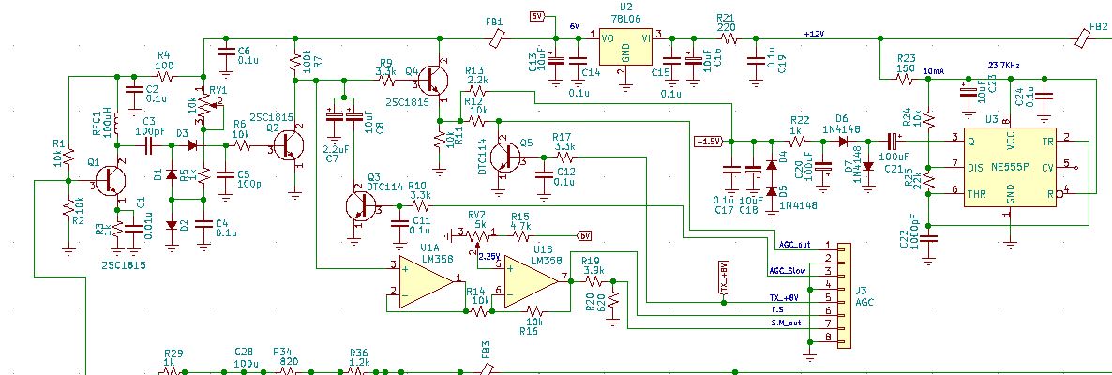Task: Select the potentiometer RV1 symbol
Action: click(x=201, y=106)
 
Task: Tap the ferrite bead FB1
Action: click(x=499, y=37)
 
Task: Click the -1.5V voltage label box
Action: click(x=707, y=142)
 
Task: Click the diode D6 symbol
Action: click(x=844, y=142)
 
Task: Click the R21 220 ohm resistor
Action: click(x=726, y=38)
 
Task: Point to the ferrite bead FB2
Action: click(x=1096, y=38)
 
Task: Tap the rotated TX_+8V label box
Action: click(x=723, y=278)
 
